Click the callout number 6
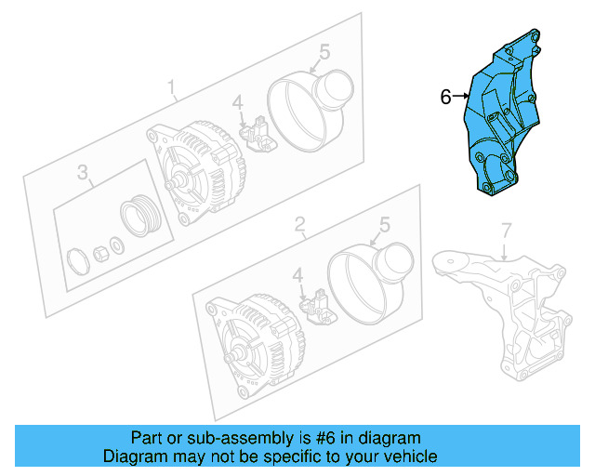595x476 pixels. coord(445,96)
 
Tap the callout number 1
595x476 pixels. coord(172,88)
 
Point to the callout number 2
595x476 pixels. coord(299,224)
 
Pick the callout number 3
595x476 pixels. coord(82,172)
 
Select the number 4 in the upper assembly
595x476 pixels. coord(237,103)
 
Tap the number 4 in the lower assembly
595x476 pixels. coord(297,275)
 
